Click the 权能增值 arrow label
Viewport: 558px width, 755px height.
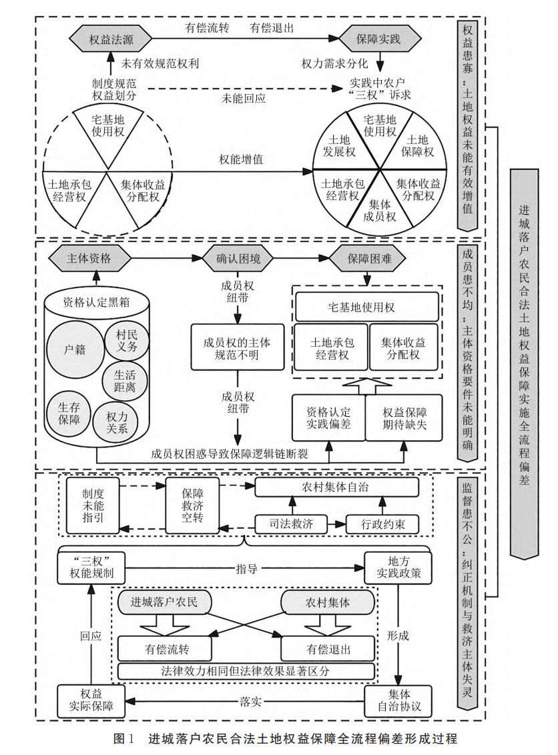pos(240,161)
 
